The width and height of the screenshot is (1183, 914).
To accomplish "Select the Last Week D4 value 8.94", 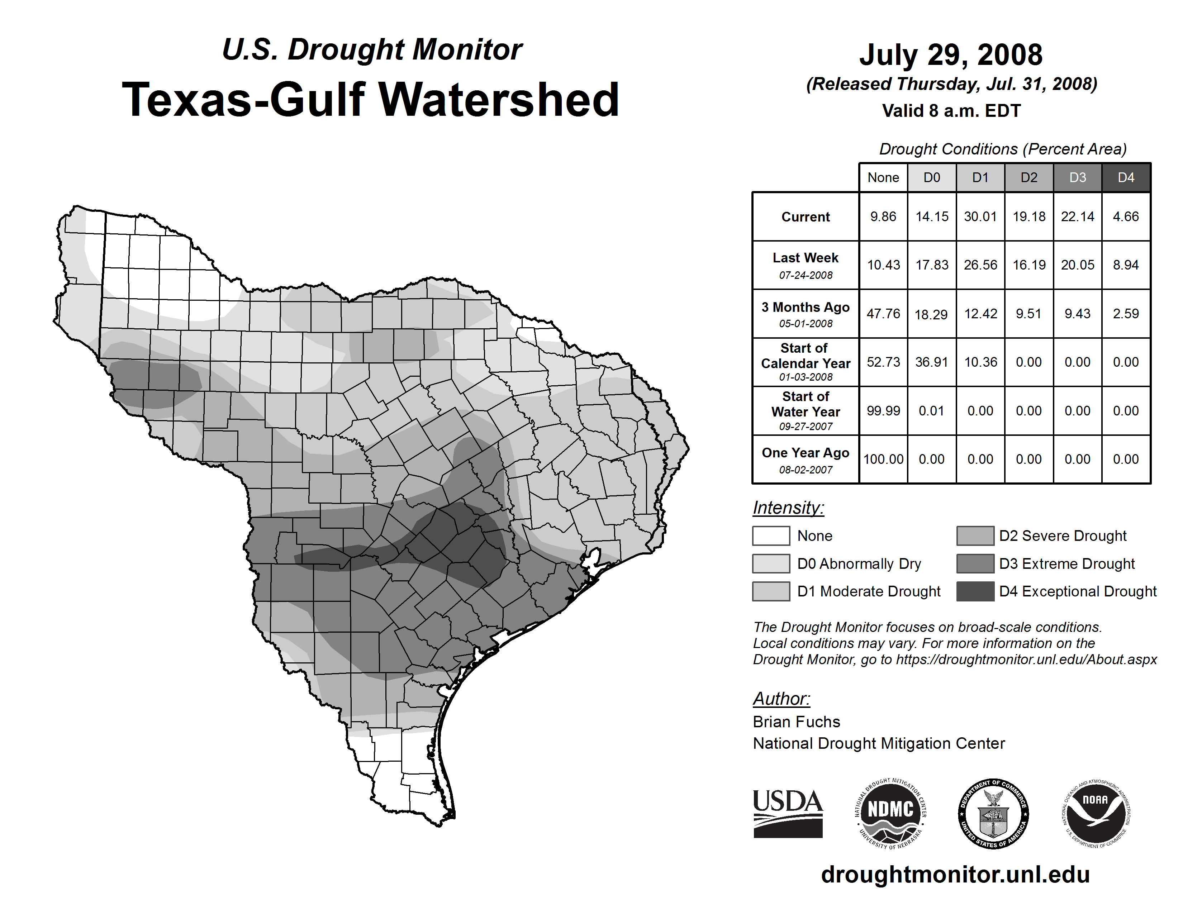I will pyautogui.click(x=1126, y=265).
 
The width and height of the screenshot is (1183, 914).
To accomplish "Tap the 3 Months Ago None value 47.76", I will pyautogui.click(x=883, y=314).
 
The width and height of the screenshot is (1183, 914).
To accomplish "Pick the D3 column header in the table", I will pyautogui.click(x=1077, y=177).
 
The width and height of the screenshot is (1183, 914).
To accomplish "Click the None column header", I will pyautogui.click(x=883, y=177).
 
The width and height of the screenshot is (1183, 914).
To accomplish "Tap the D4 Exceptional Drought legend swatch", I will pyautogui.click(x=975, y=591).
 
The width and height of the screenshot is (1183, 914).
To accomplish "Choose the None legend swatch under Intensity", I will pyautogui.click(x=771, y=535).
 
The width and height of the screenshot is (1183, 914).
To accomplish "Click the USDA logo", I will pyautogui.click(x=788, y=813).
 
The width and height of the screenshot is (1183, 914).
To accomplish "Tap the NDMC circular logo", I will pyautogui.click(x=890, y=813).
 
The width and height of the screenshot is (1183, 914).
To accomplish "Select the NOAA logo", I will pyautogui.click(x=1095, y=813).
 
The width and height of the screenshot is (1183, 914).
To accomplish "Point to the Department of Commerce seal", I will pyautogui.click(x=993, y=813).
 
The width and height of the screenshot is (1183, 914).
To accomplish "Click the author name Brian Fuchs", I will pyautogui.click(x=796, y=722).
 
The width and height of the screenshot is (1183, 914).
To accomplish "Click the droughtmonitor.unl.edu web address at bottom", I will pyautogui.click(x=955, y=875).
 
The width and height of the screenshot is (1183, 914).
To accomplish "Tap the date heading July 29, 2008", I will pyautogui.click(x=951, y=55).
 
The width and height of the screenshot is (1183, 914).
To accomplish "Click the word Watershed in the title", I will pyautogui.click(x=498, y=100).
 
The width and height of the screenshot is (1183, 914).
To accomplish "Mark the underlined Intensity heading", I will pyautogui.click(x=788, y=508).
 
